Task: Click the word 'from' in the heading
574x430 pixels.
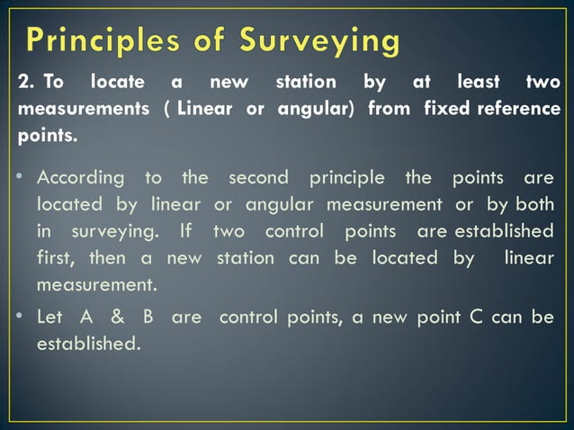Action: (390, 111)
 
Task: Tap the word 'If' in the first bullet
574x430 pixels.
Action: (186, 231)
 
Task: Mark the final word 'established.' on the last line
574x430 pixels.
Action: (88, 344)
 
